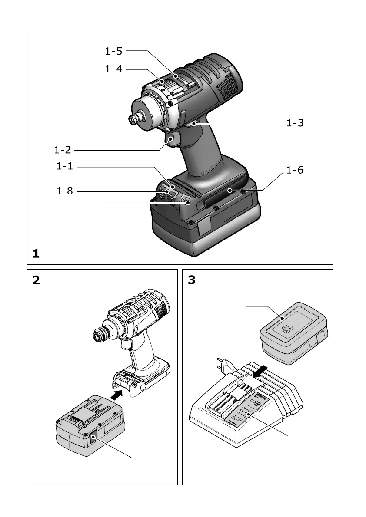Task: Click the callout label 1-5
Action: [x=113, y=51]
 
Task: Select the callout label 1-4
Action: [x=113, y=69]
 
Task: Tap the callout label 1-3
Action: [x=294, y=123]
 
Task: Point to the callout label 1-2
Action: [x=63, y=150]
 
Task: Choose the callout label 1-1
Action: [x=65, y=166]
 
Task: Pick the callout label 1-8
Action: [x=65, y=191]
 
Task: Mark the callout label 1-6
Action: [x=294, y=170]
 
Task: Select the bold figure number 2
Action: [x=36, y=280]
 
